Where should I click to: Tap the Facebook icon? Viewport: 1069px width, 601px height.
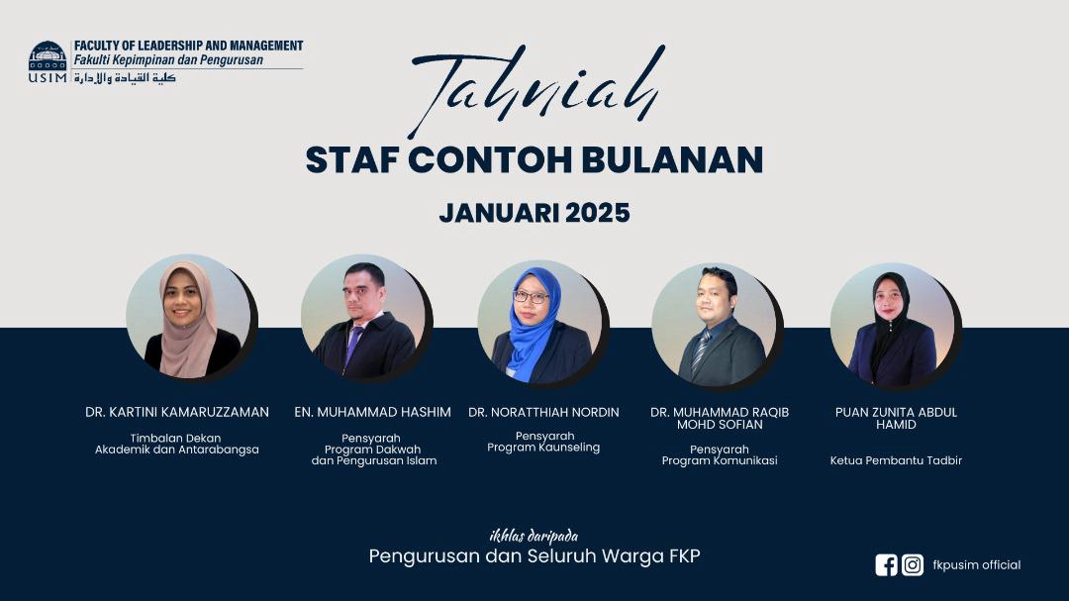(x=886, y=564)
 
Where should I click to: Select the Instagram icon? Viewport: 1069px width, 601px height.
(x=913, y=564)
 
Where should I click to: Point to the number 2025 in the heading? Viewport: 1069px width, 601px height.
(x=597, y=213)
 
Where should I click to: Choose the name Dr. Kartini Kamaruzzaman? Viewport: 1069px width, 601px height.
(x=177, y=412)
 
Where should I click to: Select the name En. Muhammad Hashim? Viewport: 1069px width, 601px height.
(x=372, y=412)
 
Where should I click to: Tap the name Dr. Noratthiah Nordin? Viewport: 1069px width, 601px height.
(x=544, y=412)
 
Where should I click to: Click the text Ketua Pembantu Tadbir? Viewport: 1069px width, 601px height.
(x=896, y=460)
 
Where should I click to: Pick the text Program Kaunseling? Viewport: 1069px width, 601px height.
(x=543, y=448)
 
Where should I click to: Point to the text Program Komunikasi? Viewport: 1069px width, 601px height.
(x=720, y=460)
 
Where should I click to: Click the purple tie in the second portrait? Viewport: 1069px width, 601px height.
(x=352, y=346)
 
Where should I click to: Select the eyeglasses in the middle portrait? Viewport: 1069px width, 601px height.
(x=532, y=297)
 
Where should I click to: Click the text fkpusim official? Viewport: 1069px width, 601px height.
(x=976, y=564)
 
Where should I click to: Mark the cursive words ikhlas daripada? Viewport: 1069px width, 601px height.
(x=534, y=536)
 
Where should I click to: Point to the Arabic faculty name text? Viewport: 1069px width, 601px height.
(x=125, y=78)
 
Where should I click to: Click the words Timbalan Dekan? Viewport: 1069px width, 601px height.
(x=175, y=438)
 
